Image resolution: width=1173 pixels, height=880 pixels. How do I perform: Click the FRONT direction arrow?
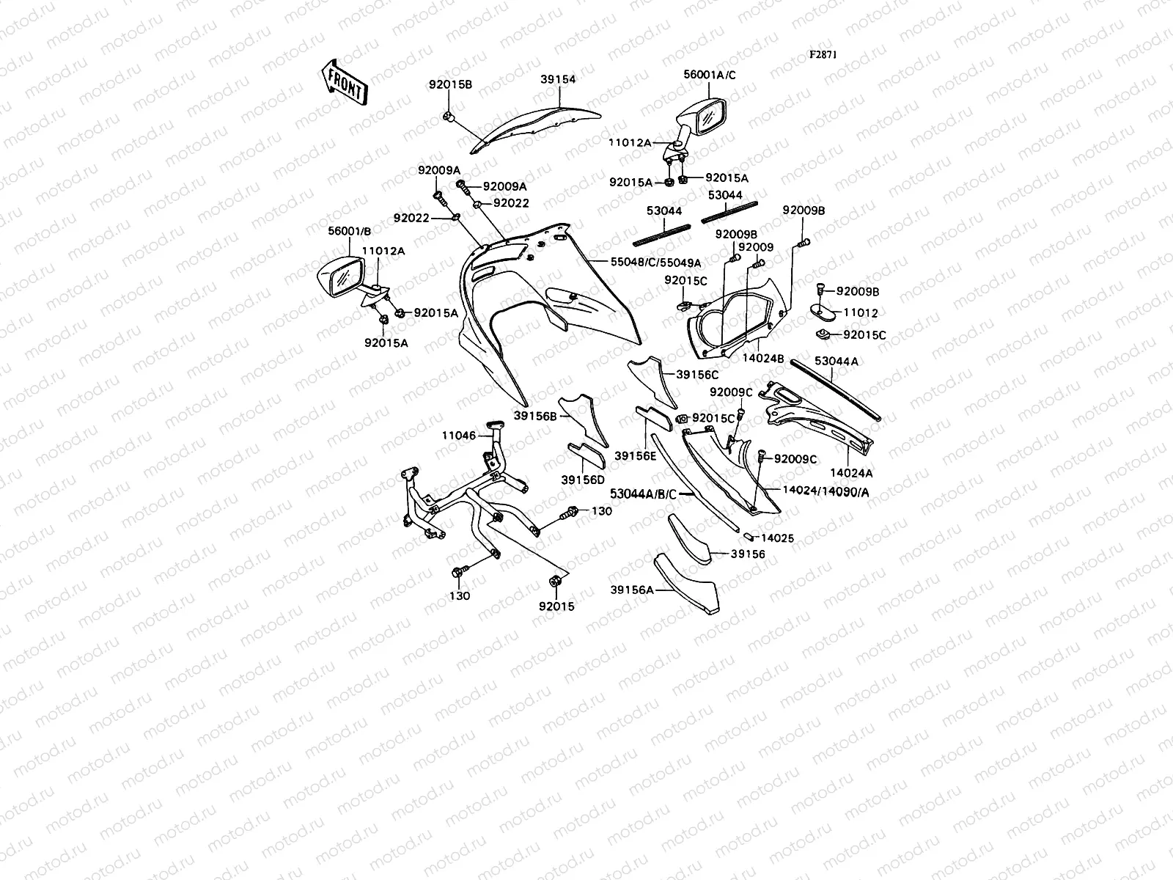coord(343,81)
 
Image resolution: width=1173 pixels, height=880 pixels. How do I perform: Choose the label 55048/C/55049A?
coord(655,262)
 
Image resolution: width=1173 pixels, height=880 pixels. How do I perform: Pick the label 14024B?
coord(764,359)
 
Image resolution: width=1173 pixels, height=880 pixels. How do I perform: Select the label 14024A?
coord(851,474)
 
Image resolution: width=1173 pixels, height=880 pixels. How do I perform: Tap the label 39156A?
coord(630,589)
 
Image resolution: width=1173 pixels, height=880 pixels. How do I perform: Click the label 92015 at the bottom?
coord(556,606)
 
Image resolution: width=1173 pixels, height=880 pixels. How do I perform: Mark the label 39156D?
coord(584,480)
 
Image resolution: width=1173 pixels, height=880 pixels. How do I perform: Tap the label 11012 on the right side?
coord(861,312)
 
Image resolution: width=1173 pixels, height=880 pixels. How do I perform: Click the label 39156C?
coord(697,374)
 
